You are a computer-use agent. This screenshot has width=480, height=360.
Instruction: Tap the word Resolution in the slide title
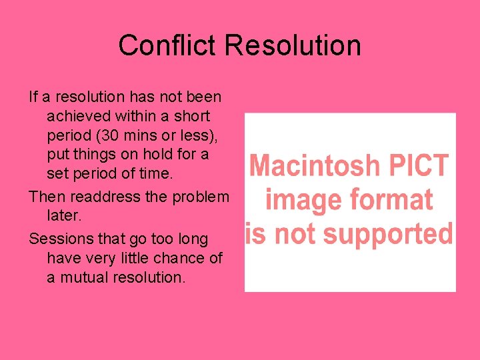click(293, 46)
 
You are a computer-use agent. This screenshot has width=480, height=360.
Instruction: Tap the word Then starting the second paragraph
click(44, 197)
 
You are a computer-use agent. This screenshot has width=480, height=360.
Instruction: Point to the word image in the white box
click(298, 200)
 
